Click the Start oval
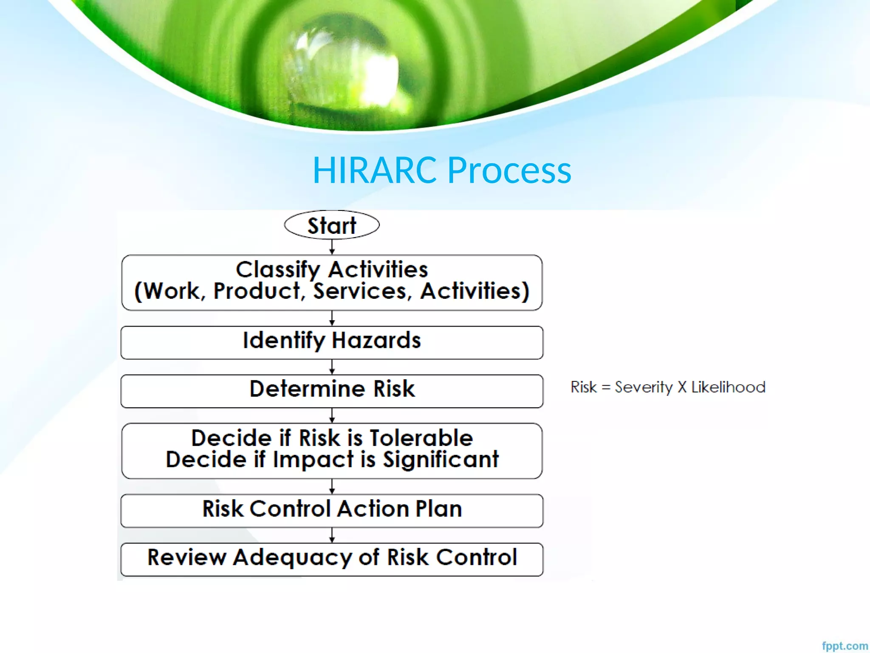[x=332, y=225]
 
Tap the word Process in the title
[x=509, y=170]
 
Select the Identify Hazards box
[x=332, y=342]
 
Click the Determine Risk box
[x=332, y=391]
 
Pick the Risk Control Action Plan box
[x=332, y=510]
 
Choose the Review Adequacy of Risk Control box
[x=332, y=559]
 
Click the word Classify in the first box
[x=278, y=270]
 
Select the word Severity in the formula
[x=644, y=387]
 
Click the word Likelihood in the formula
[x=728, y=387]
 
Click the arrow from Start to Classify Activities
[x=332, y=247]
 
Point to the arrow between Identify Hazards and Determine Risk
[x=332, y=366]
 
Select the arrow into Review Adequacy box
[x=332, y=535]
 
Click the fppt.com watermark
[x=845, y=646]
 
